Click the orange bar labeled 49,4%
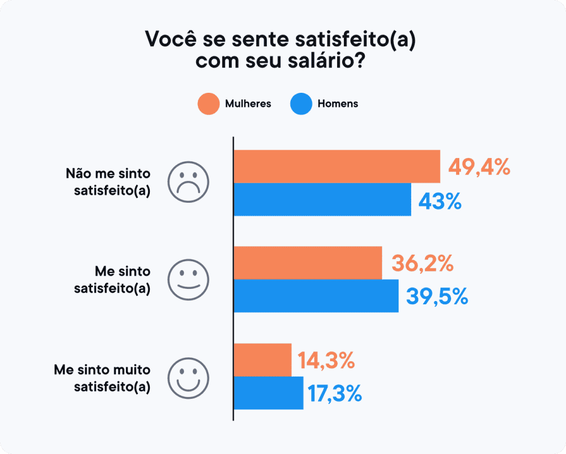pos(337,166)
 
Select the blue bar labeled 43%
pos(322,199)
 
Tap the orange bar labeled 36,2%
pos(307,263)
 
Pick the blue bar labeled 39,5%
pos(316,296)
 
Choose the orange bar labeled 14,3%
pos(262,360)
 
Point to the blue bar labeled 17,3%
pos(268,393)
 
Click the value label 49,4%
pos(479,166)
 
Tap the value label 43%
pos(439,202)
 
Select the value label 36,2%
pos(422,263)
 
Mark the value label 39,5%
pos(437,297)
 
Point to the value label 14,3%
pos(326,361)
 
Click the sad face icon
pos(188,182)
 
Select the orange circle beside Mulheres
pos(208,104)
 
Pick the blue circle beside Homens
pos(301,104)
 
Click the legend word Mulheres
pos(248,104)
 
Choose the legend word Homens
pos(338,104)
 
